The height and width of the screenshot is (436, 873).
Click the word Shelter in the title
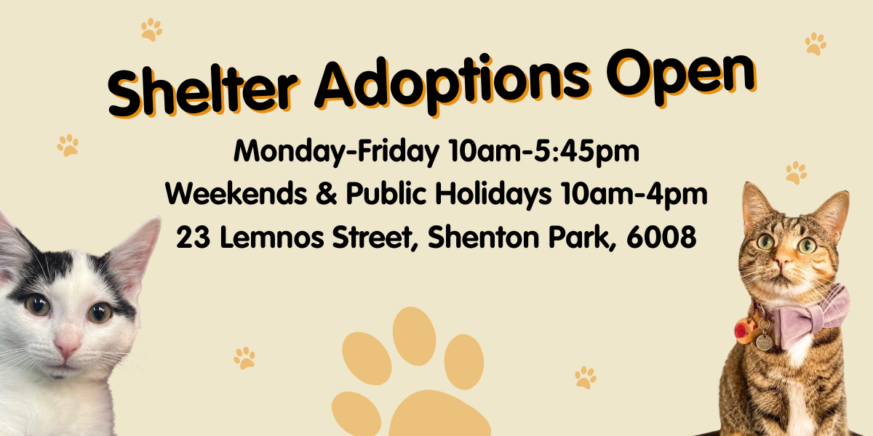pyautogui.click(x=203, y=92)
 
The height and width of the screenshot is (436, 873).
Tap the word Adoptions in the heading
pyautogui.click(x=452, y=83)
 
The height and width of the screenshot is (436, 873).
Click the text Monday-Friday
pyautogui.click(x=336, y=151)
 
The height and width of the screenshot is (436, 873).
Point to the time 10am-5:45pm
pyautogui.click(x=544, y=151)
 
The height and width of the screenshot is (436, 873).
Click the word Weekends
pyautogui.click(x=236, y=193)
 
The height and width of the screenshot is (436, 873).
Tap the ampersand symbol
pyautogui.click(x=327, y=193)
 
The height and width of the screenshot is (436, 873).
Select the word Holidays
pyautogui.click(x=493, y=194)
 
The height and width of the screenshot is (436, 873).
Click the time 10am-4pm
pyautogui.click(x=634, y=194)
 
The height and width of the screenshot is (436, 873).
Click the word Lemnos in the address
pyautogui.click(x=271, y=236)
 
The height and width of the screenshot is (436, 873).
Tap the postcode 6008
pyautogui.click(x=661, y=236)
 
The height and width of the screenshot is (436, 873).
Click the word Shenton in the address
pyautogui.click(x=483, y=236)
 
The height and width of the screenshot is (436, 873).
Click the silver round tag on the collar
pyautogui.click(x=764, y=342)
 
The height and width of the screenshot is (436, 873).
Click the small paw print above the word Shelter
pyautogui.click(x=151, y=30)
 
